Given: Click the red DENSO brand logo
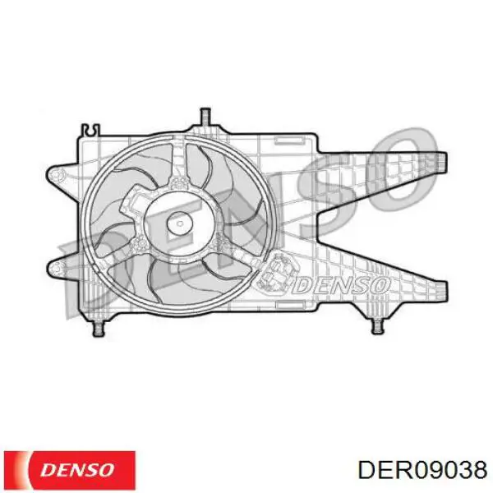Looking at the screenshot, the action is [70, 470].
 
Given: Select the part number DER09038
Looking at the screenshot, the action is [423, 471].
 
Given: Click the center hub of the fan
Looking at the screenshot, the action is [180, 223].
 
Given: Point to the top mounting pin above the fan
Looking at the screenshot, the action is [205, 117].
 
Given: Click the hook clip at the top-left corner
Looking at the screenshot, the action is [90, 130].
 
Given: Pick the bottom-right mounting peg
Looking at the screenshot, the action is [377, 327].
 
